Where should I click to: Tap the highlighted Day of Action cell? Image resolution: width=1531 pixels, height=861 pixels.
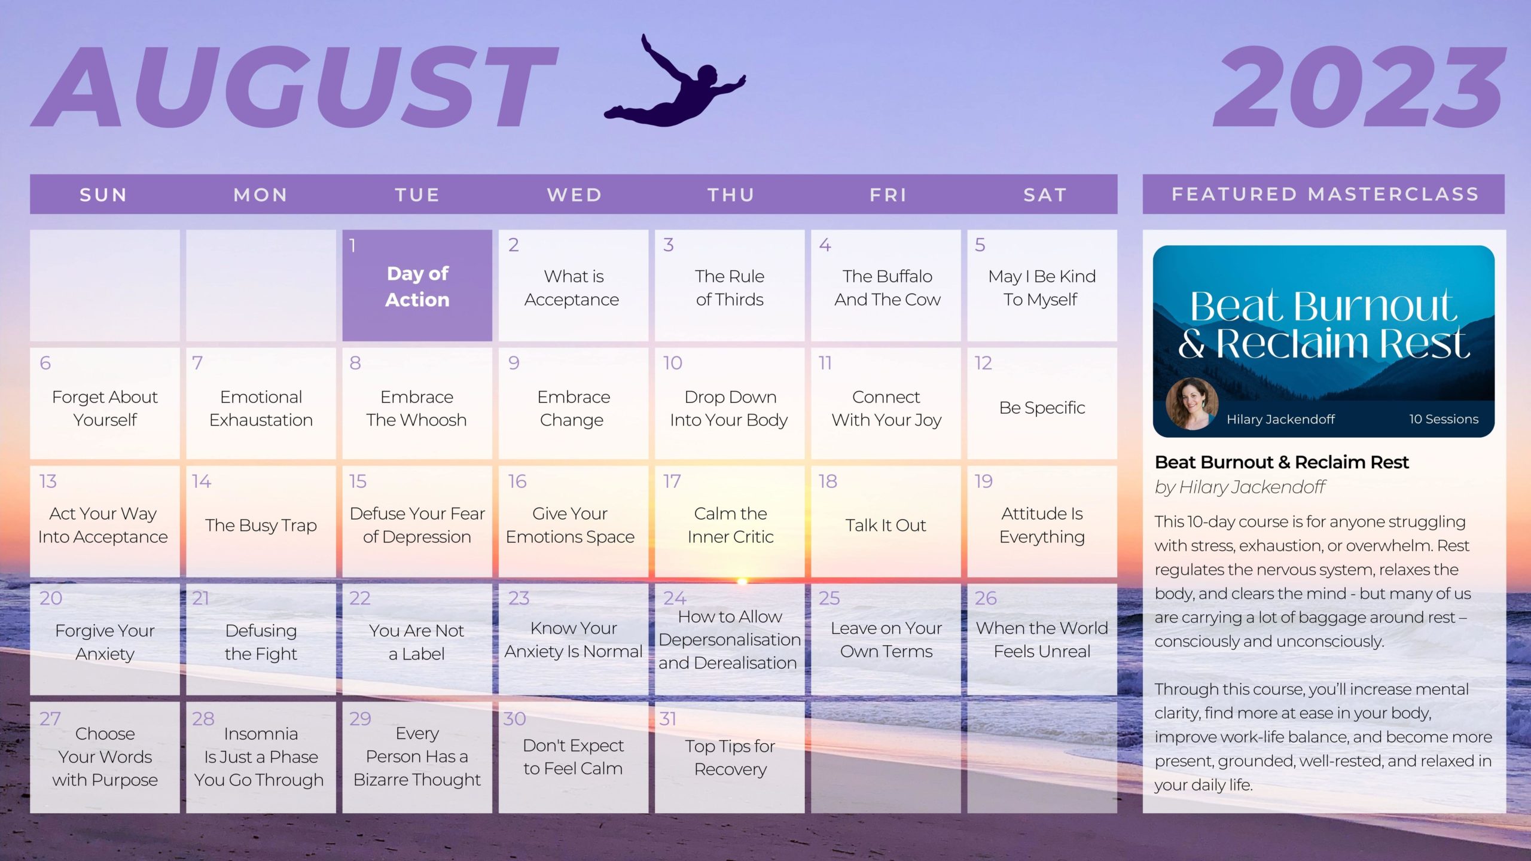click(417, 285)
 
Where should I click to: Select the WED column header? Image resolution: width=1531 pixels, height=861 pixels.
click(574, 195)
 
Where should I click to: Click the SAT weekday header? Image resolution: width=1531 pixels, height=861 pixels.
click(1045, 195)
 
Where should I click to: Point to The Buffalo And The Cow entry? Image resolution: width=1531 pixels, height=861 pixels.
click(887, 288)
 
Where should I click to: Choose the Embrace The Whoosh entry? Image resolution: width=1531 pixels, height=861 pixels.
click(416, 408)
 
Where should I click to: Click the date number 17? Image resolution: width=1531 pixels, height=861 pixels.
click(672, 481)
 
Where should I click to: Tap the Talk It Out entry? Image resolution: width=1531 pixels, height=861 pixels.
click(885, 525)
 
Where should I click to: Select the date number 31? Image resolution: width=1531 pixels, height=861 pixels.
click(667, 719)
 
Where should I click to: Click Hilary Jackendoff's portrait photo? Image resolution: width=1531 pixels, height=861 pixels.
click(1192, 404)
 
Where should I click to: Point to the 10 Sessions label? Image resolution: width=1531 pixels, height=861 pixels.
click(1444, 419)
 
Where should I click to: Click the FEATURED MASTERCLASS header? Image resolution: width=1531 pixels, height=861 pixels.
click(1325, 194)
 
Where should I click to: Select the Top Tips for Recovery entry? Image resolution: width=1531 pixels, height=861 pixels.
click(730, 758)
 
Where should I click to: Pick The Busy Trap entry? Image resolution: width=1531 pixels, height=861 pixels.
click(261, 525)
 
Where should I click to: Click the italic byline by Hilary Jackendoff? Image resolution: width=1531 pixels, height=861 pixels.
click(1240, 487)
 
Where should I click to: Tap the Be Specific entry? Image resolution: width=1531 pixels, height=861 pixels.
click(1042, 408)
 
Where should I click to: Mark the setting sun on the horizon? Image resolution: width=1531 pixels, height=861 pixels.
click(742, 581)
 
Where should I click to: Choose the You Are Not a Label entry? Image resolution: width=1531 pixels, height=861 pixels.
click(416, 642)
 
